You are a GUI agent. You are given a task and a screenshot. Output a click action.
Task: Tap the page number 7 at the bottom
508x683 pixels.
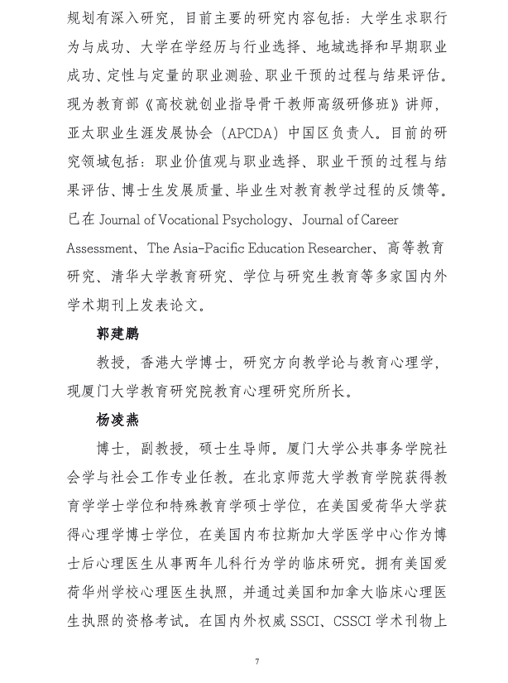(257, 660)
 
